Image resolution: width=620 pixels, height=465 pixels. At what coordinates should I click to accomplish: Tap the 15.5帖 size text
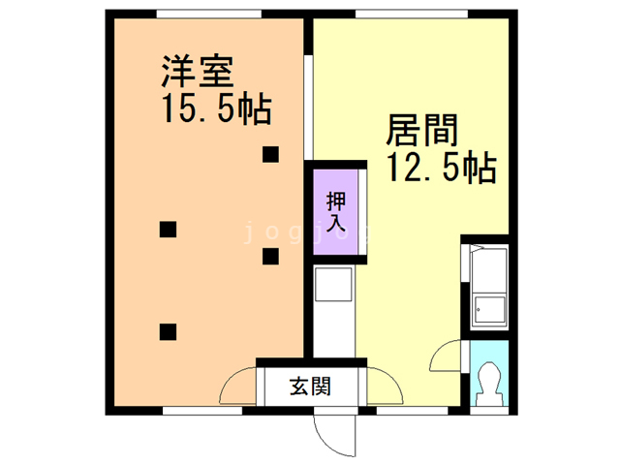[214, 108]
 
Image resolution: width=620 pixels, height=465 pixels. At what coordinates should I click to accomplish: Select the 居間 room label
[422, 130]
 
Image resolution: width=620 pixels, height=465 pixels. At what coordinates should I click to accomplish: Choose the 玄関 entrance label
[310, 387]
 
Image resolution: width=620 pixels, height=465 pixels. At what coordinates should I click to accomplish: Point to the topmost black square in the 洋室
[270, 153]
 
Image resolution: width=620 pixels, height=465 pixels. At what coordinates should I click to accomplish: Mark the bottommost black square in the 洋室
[168, 331]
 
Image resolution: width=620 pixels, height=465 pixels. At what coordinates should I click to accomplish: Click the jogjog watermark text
[300, 232]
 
